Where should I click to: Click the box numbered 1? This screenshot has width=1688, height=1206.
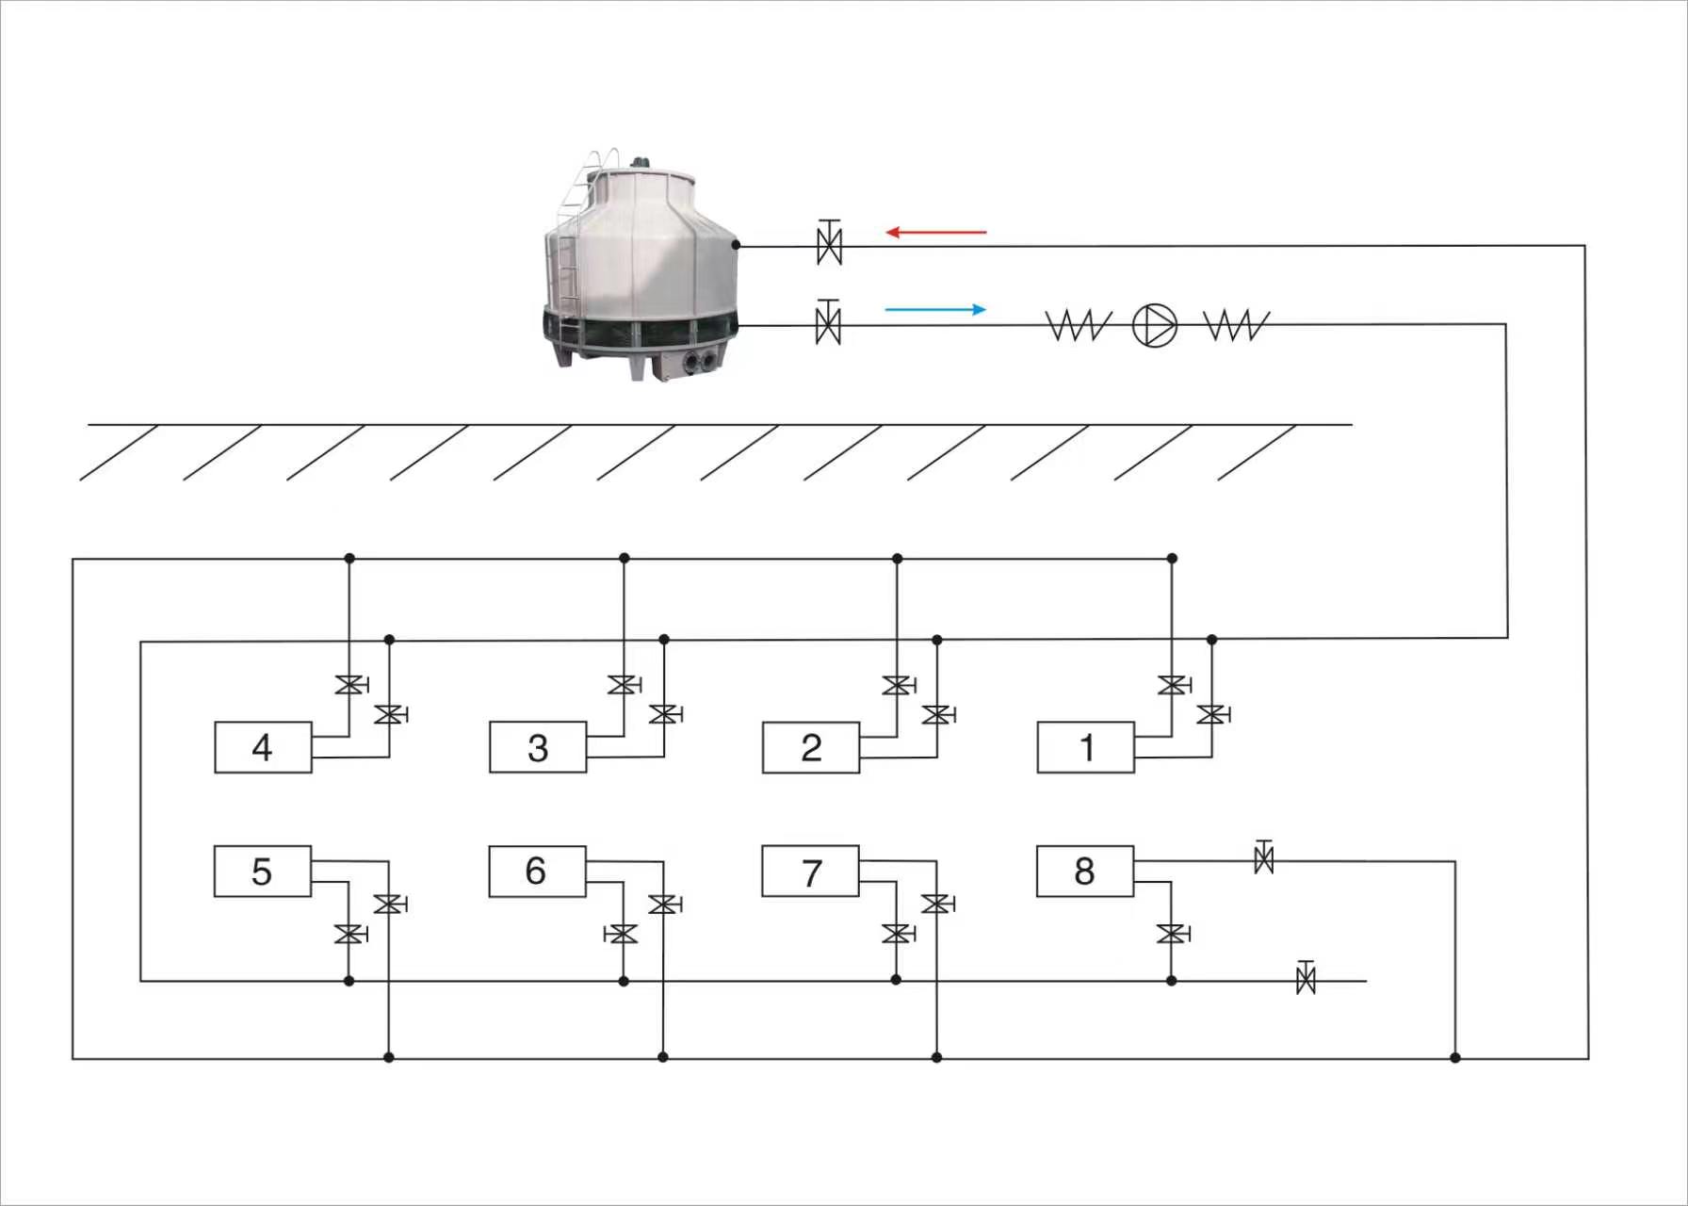click(1085, 747)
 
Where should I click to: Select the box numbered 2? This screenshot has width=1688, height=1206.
click(811, 747)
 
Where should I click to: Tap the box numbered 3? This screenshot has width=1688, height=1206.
click(538, 747)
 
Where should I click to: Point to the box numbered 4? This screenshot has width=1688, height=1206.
click(263, 747)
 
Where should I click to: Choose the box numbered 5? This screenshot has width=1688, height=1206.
click(263, 871)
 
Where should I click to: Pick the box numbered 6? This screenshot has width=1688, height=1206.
click(537, 871)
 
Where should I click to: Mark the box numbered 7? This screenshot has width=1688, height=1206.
click(810, 871)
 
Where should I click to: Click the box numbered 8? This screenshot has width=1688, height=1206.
click(1085, 871)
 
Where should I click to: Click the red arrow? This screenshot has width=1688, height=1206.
click(936, 232)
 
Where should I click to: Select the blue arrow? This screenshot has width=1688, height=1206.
click(936, 309)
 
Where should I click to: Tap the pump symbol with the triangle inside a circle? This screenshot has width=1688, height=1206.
click(1154, 325)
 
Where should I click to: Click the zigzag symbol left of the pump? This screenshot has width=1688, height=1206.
click(1079, 326)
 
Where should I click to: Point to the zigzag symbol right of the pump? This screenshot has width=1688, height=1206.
click(1237, 326)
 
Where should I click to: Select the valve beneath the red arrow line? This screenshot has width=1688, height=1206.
click(829, 244)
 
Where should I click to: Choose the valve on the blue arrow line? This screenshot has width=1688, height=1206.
click(828, 323)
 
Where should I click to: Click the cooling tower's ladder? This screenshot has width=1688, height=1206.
click(571, 254)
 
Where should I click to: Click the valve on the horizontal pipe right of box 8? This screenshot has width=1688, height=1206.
click(1264, 857)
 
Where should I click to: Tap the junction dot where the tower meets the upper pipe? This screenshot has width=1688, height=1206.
click(736, 245)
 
